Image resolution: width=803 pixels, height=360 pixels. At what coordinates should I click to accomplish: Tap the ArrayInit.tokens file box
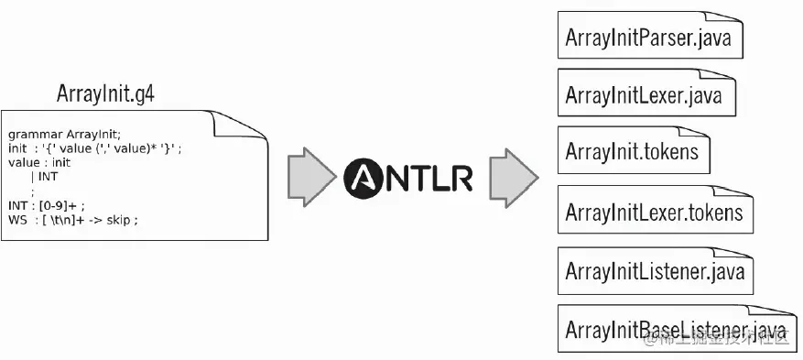click(632, 150)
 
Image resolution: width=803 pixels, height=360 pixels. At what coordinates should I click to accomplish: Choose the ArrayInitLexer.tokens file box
click(654, 213)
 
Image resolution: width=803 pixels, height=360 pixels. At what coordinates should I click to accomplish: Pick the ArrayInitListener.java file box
click(654, 270)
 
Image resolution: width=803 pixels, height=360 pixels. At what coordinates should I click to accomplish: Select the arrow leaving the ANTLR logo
click(512, 176)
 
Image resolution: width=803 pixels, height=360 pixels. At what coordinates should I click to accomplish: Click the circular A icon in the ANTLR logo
click(366, 177)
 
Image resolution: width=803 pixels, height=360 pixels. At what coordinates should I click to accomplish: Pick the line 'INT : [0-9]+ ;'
click(46, 206)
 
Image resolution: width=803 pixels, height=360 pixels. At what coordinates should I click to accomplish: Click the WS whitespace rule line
click(73, 221)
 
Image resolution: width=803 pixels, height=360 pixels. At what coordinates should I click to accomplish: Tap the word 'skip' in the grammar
click(121, 221)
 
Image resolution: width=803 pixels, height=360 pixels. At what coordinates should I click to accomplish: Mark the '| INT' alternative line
click(45, 177)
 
